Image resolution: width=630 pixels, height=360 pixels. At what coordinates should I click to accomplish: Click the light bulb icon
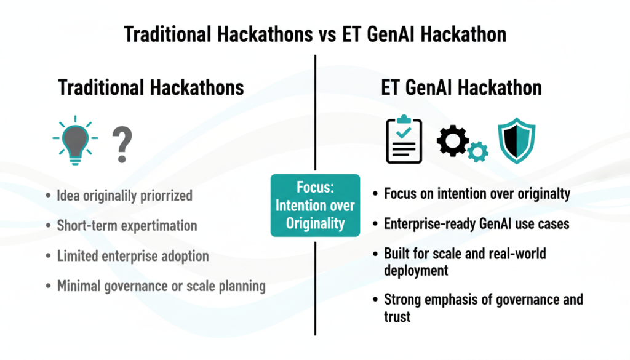click(x=75, y=141)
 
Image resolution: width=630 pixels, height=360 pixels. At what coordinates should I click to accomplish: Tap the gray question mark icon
click(x=122, y=144)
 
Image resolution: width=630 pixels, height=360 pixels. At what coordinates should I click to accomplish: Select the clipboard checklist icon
click(x=404, y=140)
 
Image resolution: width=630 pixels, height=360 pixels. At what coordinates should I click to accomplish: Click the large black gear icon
click(x=452, y=141)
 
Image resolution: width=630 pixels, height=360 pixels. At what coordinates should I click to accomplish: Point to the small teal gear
click(x=477, y=152)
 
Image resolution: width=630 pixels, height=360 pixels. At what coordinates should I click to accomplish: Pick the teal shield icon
click(x=517, y=141)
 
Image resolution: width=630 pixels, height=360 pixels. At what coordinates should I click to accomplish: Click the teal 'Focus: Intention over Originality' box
click(x=316, y=206)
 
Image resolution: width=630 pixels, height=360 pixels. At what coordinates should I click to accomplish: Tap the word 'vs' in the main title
click(x=327, y=34)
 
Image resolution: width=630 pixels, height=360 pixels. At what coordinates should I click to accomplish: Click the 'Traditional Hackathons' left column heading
click(x=151, y=87)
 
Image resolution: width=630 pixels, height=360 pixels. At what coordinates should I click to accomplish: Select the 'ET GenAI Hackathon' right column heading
click(x=461, y=87)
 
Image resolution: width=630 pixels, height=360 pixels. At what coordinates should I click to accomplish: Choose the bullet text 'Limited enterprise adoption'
click(x=133, y=256)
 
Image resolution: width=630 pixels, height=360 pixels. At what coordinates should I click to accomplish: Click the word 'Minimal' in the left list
click(x=79, y=286)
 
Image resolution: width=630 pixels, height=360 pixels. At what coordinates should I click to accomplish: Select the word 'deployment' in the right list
click(x=416, y=270)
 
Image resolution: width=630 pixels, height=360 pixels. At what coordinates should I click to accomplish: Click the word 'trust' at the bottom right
click(x=397, y=317)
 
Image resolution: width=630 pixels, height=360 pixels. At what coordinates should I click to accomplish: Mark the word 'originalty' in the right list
click(x=544, y=194)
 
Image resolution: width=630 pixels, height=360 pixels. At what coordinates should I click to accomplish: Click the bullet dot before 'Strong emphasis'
click(x=375, y=300)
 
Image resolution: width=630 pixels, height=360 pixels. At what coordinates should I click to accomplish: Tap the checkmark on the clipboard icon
click(x=404, y=132)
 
